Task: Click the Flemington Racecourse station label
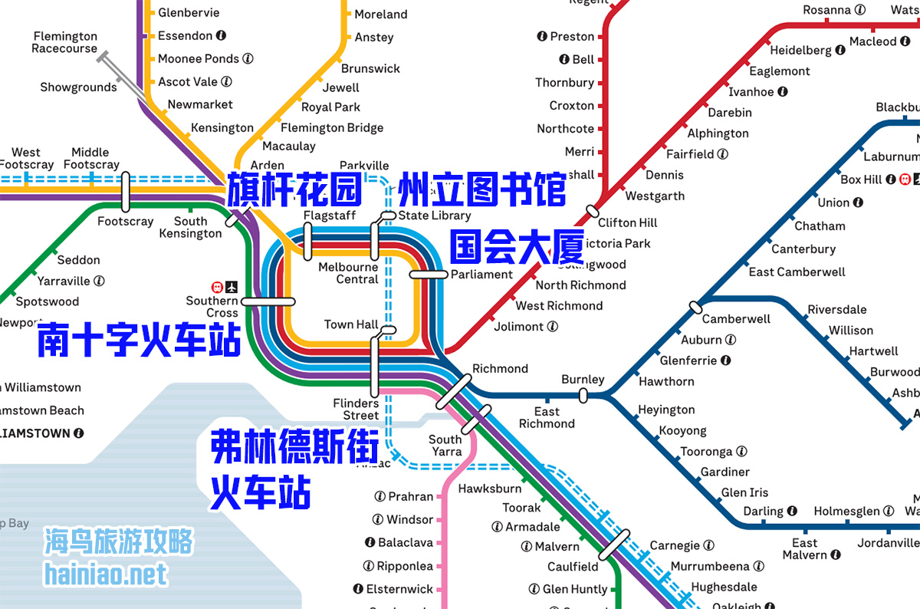[x=64, y=42]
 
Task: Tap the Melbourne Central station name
[x=348, y=273]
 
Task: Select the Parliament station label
[x=481, y=275]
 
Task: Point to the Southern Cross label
[x=212, y=307]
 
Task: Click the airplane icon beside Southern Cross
[x=232, y=287]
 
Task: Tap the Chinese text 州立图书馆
[x=482, y=189]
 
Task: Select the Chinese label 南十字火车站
[x=139, y=340]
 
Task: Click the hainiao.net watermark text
[x=105, y=574]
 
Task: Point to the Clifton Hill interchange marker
[x=592, y=210]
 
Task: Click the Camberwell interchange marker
[x=695, y=307]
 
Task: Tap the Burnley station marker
[x=583, y=396]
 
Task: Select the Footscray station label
[x=125, y=222]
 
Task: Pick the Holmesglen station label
[x=848, y=511]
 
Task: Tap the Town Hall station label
[x=350, y=324]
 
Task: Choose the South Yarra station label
[x=445, y=446]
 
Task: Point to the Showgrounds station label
[x=78, y=87]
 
